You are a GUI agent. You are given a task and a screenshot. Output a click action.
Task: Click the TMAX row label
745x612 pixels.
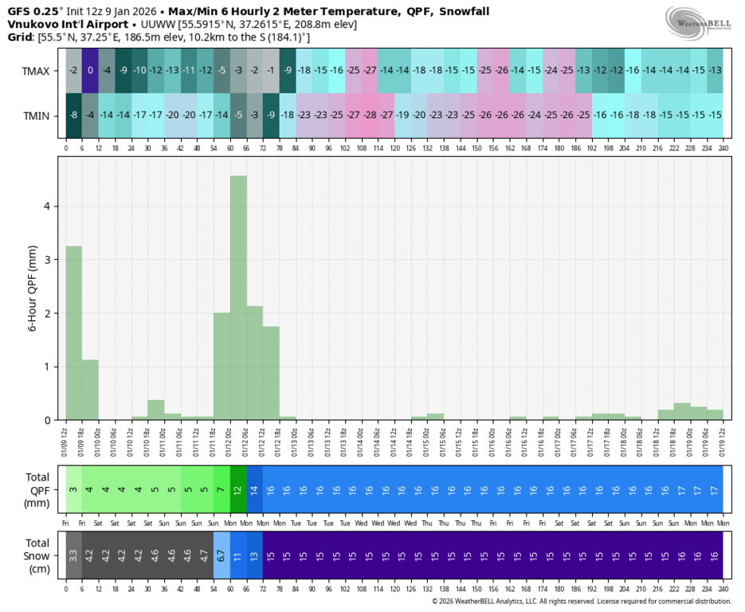click(36, 71)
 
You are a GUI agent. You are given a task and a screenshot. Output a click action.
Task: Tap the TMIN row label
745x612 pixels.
click(36, 116)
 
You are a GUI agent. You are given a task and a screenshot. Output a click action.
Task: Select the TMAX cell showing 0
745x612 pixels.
click(90, 71)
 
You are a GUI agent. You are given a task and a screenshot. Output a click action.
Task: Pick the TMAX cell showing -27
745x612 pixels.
click(370, 71)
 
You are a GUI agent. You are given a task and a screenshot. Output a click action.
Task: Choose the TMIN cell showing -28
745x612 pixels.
click(370, 116)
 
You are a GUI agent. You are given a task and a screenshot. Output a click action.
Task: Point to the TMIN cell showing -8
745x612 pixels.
click(73, 116)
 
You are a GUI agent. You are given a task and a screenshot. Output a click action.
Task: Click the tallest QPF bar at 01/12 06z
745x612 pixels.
click(238, 296)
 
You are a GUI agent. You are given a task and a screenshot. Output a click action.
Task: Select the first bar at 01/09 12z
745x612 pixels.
click(73, 331)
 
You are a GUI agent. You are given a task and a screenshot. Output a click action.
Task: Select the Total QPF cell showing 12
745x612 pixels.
click(238, 488)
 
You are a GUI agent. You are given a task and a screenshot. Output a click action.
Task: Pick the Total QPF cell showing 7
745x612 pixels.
click(222, 488)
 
